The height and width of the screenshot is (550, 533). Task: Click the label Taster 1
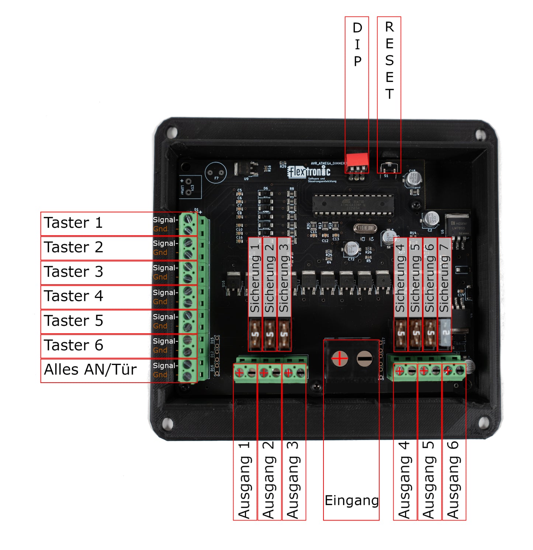pos(73,223)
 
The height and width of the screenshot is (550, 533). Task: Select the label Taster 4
pos(73,296)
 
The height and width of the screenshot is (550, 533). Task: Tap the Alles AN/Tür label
pos(90,370)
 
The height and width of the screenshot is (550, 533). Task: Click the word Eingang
pos(351,501)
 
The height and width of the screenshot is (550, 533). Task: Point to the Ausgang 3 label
pos(293,480)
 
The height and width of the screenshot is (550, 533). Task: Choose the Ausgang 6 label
pos(453,480)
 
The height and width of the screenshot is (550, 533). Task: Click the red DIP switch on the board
pos(357,160)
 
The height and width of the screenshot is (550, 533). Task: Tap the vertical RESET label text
pos(389,60)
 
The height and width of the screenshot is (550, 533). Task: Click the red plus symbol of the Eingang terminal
pos(340,358)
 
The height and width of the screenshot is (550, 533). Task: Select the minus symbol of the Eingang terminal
pos(364,358)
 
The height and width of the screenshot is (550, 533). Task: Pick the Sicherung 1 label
pos(255,278)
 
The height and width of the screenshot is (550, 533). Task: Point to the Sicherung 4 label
pos(401,278)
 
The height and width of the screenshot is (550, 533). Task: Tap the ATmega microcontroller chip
pos(353,205)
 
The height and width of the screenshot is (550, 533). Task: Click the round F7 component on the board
pos(216,173)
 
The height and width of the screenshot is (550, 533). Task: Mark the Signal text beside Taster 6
pos(165,341)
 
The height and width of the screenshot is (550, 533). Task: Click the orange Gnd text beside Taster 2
pos(160,253)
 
